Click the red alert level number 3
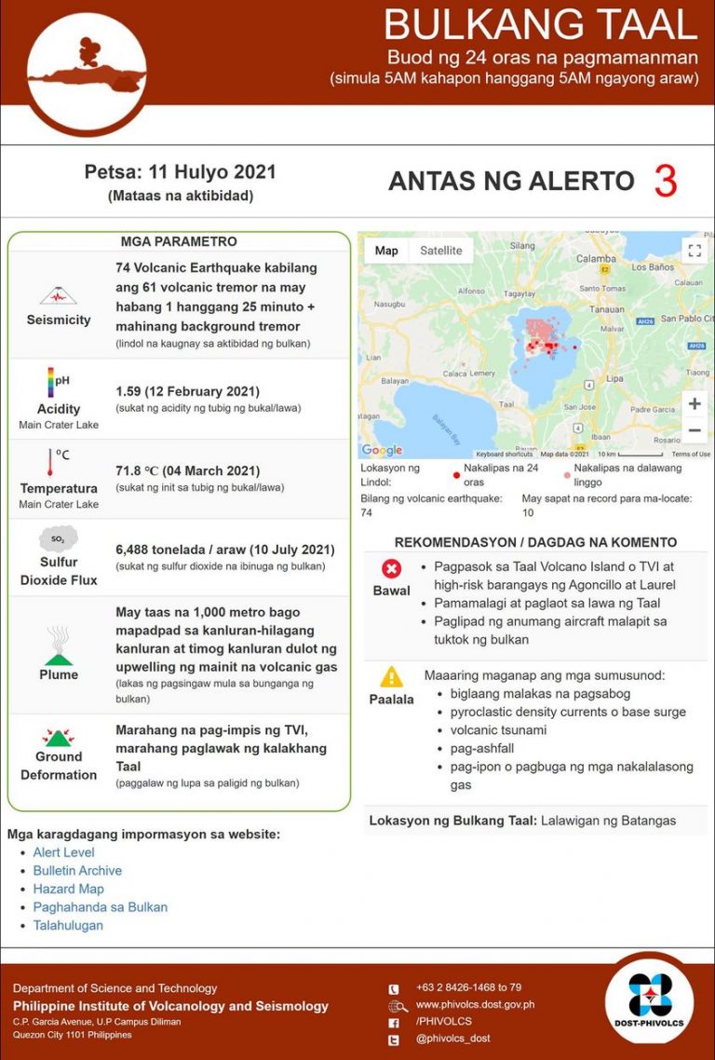point(665,181)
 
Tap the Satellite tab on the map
point(440,251)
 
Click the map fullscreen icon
point(694,250)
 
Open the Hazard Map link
point(68,889)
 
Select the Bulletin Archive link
point(77,870)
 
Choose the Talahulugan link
point(68,925)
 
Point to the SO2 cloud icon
point(58,539)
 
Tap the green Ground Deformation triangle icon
point(59,737)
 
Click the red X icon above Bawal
point(391,568)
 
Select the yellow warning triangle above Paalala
point(391,676)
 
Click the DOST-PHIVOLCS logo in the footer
point(649,998)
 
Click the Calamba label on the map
point(596,258)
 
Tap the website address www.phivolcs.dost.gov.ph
point(475,1005)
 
